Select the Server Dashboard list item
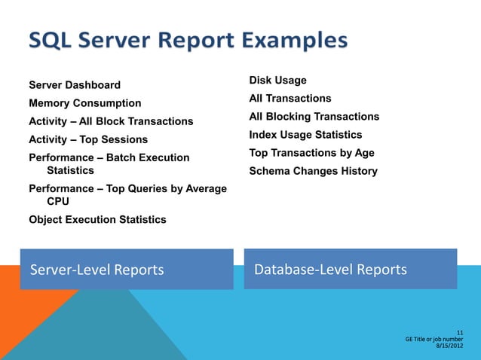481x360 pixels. (x=75, y=85)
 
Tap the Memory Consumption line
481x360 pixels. (x=85, y=103)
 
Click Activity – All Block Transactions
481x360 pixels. (x=111, y=121)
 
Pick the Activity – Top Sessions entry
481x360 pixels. (x=88, y=139)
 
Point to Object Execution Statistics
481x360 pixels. (x=97, y=220)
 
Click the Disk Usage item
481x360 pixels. (x=277, y=81)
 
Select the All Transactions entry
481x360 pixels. (x=290, y=99)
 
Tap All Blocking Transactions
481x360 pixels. (x=314, y=117)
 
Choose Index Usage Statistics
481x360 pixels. (x=306, y=135)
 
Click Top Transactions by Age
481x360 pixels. (x=311, y=153)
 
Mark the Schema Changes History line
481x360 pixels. (x=313, y=171)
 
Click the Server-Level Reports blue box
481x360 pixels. (x=127, y=270)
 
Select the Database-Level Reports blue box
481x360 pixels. (x=351, y=269)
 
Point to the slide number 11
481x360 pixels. (x=460, y=332)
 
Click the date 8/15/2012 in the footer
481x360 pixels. (x=450, y=347)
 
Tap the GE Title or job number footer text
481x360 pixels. (x=434, y=340)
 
